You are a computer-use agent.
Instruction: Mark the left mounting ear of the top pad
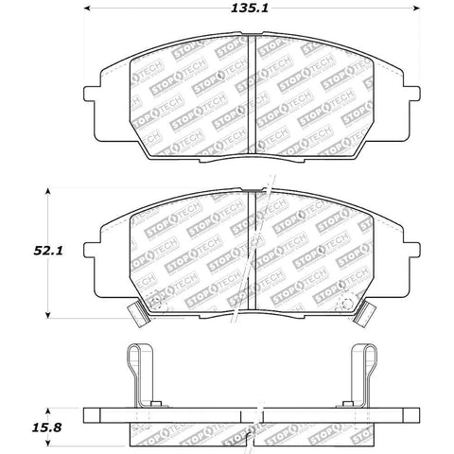point(95,96)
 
